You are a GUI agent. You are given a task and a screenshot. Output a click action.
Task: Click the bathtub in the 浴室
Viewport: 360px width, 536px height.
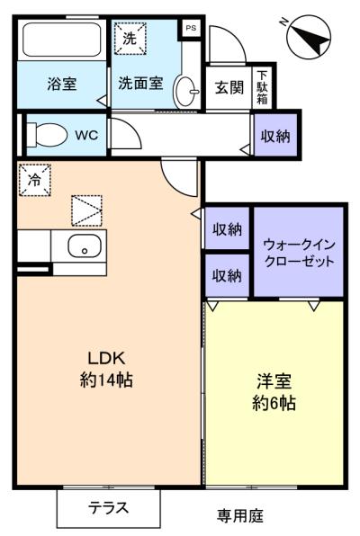(x=62, y=40)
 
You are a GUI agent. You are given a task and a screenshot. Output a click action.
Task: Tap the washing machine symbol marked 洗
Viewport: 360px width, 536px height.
(x=130, y=39)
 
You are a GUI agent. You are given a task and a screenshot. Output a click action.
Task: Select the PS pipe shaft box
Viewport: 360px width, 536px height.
(x=191, y=28)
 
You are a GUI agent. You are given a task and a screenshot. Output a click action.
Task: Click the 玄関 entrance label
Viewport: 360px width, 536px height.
(x=229, y=87)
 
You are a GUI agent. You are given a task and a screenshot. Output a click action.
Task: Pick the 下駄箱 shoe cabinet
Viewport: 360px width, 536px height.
(x=262, y=87)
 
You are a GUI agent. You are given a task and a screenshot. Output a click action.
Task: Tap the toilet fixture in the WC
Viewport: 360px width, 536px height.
(x=47, y=135)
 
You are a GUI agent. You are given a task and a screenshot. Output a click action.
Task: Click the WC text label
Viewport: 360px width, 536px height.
(x=86, y=136)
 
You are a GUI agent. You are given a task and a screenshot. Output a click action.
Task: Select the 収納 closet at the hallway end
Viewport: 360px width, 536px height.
(x=275, y=135)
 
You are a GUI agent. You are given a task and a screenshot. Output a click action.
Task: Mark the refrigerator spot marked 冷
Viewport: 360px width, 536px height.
(x=34, y=180)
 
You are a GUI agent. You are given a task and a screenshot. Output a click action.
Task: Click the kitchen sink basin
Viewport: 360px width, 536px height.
(x=85, y=246)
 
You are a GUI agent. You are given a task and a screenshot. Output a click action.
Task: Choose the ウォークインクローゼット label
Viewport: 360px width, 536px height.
(x=299, y=253)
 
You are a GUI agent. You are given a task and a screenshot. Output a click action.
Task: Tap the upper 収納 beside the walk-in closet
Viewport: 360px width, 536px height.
(x=227, y=228)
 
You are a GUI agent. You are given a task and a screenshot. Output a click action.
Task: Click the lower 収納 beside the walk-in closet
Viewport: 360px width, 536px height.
(x=227, y=275)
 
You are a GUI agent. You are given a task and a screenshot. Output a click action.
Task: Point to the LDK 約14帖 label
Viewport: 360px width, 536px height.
(x=106, y=369)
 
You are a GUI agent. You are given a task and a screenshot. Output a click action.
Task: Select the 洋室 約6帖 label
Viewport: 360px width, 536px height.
(x=274, y=392)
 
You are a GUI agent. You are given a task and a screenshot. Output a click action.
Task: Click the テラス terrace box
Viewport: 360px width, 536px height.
(x=109, y=508)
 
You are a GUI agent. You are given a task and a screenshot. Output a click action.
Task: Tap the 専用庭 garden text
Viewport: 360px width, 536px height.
(x=240, y=515)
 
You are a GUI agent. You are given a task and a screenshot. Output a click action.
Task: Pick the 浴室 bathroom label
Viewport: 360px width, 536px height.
(x=62, y=84)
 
